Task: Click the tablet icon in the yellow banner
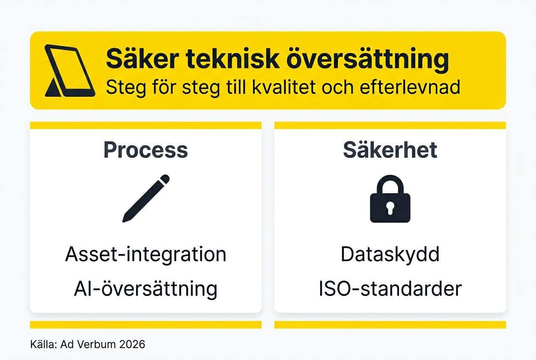(x=69, y=70)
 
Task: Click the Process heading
(x=145, y=150)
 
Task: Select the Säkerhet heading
(x=390, y=150)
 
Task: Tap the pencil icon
(x=146, y=198)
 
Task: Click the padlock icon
(x=390, y=200)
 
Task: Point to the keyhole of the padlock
(x=390, y=208)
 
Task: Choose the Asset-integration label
(x=145, y=254)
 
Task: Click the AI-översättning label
(x=145, y=289)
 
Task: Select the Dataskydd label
(x=390, y=254)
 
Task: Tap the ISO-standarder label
(x=390, y=289)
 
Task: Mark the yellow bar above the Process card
(x=145, y=125)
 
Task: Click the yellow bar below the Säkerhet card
(x=390, y=325)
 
